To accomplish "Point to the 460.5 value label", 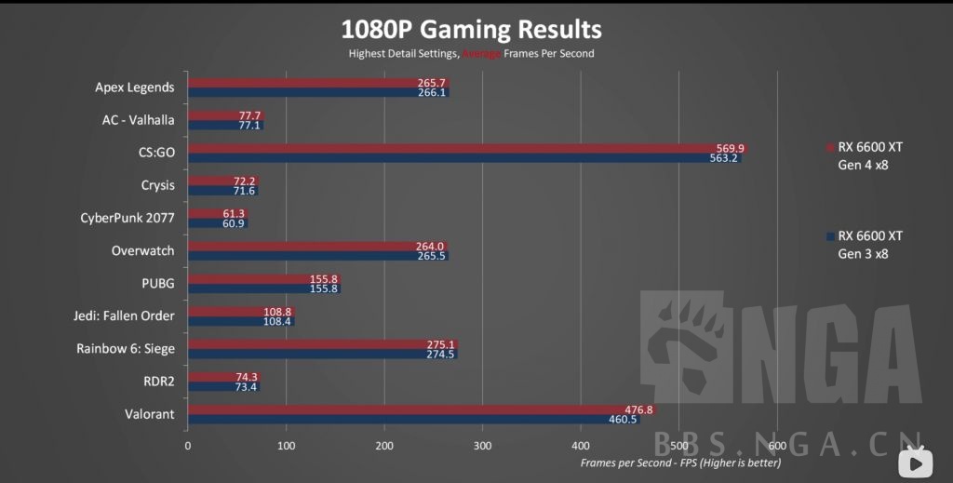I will tap(622, 420).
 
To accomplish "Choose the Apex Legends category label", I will tap(134, 87).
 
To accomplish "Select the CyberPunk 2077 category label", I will tap(128, 219).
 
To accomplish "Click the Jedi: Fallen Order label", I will tap(124, 315).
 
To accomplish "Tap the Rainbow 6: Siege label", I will tap(125, 348).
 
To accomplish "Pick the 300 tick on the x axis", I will tap(482, 445).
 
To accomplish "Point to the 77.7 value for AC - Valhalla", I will tap(249, 115).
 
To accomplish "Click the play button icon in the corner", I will tap(916, 460).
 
